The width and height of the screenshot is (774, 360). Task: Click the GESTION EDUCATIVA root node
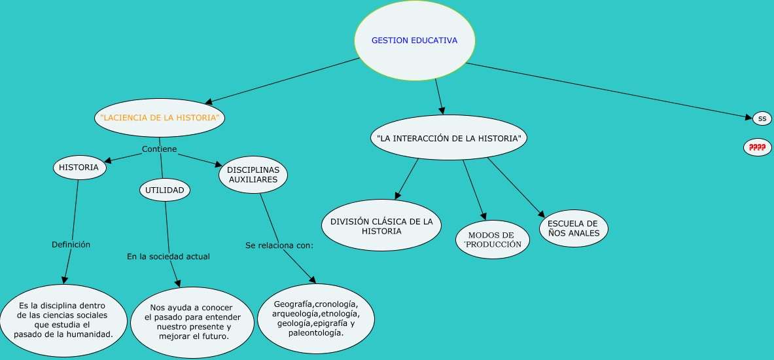[x=414, y=41]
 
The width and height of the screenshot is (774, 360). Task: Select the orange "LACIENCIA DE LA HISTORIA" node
[x=159, y=118]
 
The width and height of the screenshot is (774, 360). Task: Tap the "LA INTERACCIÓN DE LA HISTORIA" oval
[x=448, y=138]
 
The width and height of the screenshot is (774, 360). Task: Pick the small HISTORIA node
[x=79, y=168]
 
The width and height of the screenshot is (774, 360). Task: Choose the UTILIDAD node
[x=165, y=190]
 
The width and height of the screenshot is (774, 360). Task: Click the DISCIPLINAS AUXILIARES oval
[x=253, y=174]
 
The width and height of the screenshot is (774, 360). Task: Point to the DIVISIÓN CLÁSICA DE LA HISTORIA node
[x=381, y=226]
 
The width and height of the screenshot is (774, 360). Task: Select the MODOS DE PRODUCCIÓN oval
[x=492, y=240]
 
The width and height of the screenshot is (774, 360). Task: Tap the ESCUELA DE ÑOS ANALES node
[x=573, y=228]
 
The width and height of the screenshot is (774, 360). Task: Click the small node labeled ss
[x=762, y=118]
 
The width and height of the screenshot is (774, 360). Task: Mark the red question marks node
[x=758, y=148]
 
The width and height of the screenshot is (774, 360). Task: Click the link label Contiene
[x=159, y=149]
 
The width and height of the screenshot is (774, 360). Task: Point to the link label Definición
[x=71, y=245]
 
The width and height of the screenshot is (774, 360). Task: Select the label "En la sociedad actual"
[x=168, y=257]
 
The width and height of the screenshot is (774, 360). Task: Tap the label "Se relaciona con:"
[x=279, y=246]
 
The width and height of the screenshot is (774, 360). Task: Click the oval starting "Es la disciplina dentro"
[x=63, y=320]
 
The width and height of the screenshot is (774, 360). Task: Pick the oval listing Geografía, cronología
[x=315, y=318]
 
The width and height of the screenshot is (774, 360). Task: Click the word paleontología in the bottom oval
[x=315, y=333]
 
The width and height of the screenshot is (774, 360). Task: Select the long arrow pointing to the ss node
[x=608, y=90]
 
